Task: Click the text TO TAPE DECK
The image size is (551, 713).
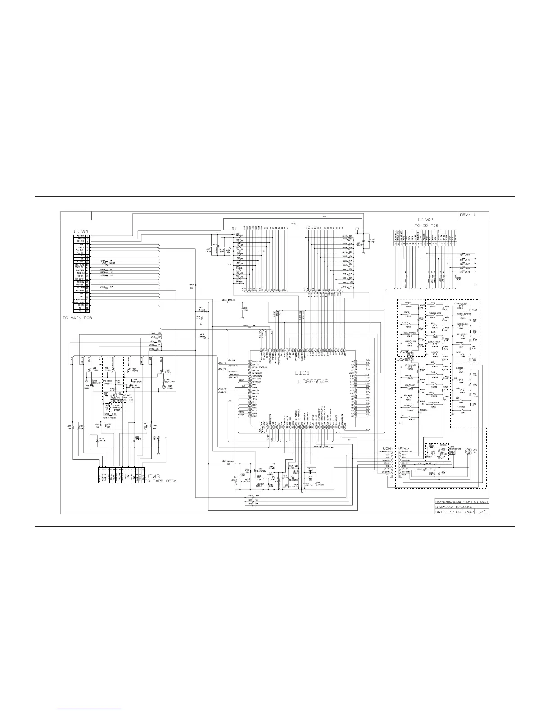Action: (x=161, y=481)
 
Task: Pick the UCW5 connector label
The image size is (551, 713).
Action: (x=403, y=448)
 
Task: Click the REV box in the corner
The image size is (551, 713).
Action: (x=467, y=215)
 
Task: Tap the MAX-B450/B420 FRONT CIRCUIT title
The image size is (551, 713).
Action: (x=461, y=501)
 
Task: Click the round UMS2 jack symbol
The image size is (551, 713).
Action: (x=469, y=452)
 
